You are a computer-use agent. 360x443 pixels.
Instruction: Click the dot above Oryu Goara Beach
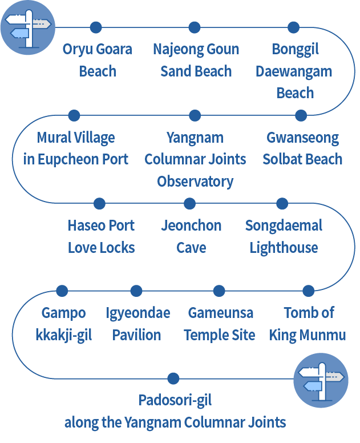(x=96, y=27)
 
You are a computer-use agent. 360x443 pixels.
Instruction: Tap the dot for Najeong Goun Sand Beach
(x=195, y=27)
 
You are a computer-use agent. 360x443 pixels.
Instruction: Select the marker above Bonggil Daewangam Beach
(x=293, y=27)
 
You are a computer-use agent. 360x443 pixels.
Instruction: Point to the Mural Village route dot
(x=74, y=115)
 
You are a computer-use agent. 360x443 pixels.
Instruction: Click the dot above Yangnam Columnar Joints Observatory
(x=195, y=115)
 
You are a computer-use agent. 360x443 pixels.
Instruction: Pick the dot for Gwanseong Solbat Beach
(x=301, y=115)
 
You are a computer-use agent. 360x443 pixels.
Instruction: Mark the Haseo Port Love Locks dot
(x=99, y=203)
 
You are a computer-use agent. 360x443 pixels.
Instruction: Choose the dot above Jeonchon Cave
(x=190, y=203)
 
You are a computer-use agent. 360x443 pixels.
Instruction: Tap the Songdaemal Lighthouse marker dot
(x=282, y=203)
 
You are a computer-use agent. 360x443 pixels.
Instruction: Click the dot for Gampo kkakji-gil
(x=62, y=291)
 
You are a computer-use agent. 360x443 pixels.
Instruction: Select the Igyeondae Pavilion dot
(x=136, y=291)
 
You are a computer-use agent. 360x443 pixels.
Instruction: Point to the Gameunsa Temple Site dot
(x=219, y=291)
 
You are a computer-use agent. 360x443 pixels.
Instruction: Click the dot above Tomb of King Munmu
(x=308, y=291)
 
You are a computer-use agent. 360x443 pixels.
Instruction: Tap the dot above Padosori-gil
(x=173, y=378)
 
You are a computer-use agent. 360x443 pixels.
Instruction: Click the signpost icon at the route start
(x=27, y=27)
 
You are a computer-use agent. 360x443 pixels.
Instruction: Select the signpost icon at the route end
(x=321, y=380)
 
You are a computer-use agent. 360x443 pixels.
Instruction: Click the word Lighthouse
(x=284, y=248)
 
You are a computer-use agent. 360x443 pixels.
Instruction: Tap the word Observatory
(x=195, y=182)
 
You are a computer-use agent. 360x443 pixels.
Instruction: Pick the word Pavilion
(x=137, y=335)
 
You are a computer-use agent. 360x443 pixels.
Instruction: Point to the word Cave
(x=191, y=248)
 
